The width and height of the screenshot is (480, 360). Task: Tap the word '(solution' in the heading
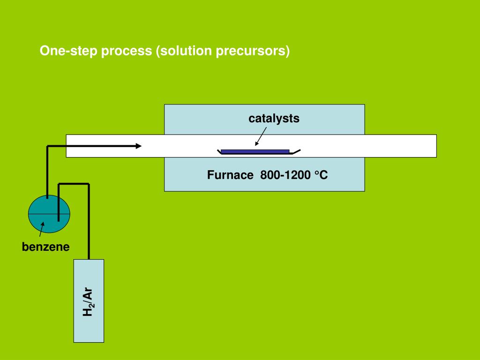coord(184,51)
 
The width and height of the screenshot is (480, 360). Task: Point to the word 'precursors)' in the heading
coord(253,51)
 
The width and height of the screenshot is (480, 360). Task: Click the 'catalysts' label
coord(274,119)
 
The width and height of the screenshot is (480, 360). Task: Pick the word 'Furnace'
coord(230,175)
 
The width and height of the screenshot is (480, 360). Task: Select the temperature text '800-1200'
coord(285,175)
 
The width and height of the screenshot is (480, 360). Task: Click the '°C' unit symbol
coord(321,175)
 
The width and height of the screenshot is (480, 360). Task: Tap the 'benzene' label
coord(45,247)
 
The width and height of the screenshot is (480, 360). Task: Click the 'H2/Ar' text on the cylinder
coord(88,301)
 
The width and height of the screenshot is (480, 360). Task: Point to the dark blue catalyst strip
coord(255,151)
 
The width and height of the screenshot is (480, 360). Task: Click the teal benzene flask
coord(49,214)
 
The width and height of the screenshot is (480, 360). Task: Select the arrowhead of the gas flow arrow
coord(138,146)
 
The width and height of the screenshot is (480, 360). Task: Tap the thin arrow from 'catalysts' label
coord(261,136)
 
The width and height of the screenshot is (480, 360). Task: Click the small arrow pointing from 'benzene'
coord(42,229)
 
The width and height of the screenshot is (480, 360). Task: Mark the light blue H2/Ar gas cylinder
coord(89,301)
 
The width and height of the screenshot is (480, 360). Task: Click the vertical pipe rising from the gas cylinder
coord(89,221)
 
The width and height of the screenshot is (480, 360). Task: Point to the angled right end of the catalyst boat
coord(297,151)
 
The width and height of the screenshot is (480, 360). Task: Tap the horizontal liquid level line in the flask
coord(49,213)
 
